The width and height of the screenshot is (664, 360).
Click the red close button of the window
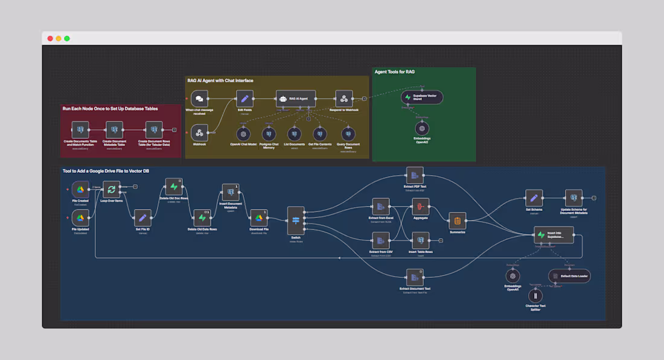tap(50, 39)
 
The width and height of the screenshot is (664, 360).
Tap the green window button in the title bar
tap(67, 39)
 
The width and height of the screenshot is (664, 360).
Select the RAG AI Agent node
tap(295, 98)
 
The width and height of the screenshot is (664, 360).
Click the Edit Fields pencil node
tap(244, 98)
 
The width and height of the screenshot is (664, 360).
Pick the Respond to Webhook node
tap(343, 98)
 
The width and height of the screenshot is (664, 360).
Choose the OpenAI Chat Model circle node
tap(243, 133)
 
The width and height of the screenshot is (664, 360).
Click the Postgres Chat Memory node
tap(269, 133)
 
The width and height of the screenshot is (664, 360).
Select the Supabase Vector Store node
tap(422, 97)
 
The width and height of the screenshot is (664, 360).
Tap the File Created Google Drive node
tap(80, 190)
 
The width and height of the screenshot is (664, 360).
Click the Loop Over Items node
tap(112, 190)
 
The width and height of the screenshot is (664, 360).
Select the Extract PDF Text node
tap(414, 176)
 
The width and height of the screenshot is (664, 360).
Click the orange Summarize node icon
tap(458, 221)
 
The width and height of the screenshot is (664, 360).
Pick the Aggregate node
tap(420, 207)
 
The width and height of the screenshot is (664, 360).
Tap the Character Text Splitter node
tap(535, 296)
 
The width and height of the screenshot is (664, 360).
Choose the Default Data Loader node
tap(569, 276)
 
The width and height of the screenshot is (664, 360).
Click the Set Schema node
tap(534, 198)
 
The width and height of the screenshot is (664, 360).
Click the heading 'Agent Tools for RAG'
tap(394, 72)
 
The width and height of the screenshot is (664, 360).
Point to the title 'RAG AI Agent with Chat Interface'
tap(220, 80)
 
